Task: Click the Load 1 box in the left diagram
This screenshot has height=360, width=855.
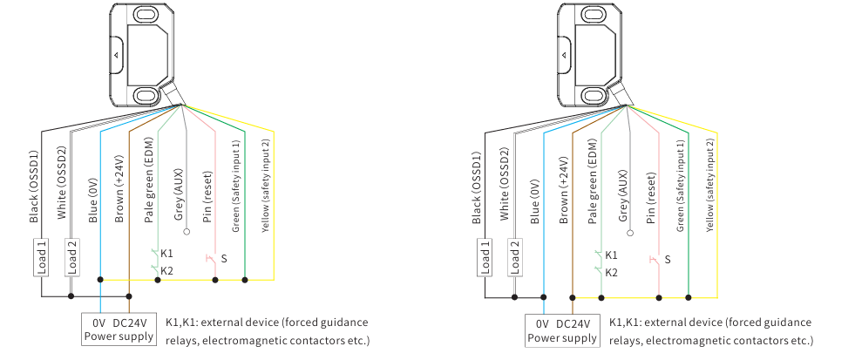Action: [41, 257]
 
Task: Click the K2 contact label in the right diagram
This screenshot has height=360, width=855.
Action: [612, 272]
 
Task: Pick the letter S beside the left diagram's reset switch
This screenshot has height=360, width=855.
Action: [224, 259]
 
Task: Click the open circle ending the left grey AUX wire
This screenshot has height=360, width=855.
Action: [186, 233]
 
